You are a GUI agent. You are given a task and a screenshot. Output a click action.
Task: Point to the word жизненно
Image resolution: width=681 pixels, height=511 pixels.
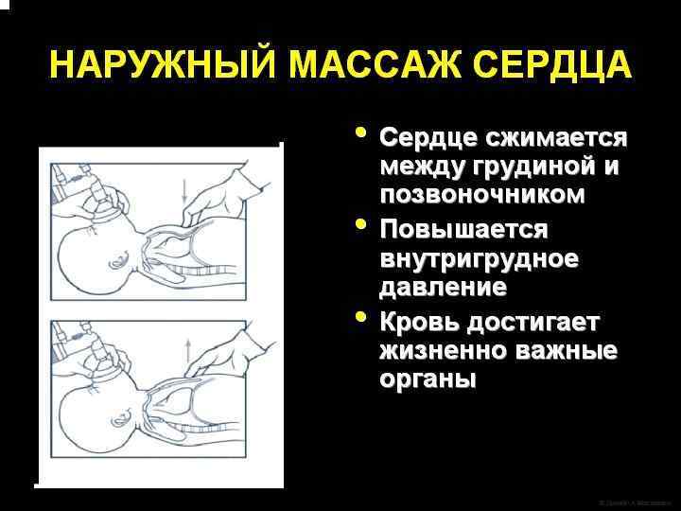click(x=443, y=351)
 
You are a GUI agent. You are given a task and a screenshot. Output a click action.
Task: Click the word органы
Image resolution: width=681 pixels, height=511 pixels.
click(x=428, y=379)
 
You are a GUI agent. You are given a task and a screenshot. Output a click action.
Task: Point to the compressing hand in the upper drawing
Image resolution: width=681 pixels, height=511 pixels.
click(x=213, y=194)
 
